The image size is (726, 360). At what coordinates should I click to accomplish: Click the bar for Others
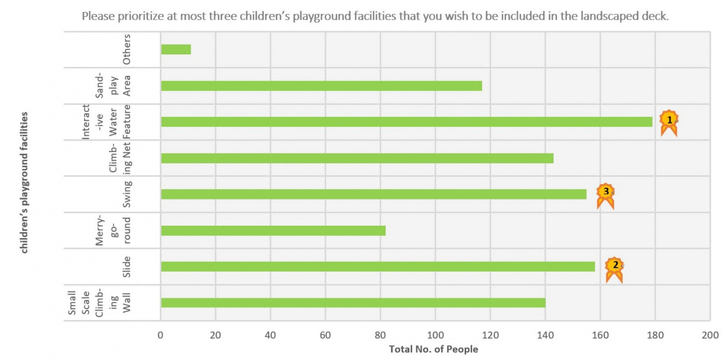[176, 49]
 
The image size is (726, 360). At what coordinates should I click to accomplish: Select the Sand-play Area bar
[321, 86]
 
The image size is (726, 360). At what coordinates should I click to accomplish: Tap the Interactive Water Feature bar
[406, 121]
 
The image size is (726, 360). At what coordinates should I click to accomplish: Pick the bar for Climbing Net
[357, 158]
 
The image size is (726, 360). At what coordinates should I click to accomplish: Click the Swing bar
[373, 194]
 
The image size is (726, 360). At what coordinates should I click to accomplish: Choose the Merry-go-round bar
[273, 230]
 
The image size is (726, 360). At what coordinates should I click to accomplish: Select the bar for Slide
[378, 266]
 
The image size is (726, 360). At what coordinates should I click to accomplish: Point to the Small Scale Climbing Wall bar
[353, 303]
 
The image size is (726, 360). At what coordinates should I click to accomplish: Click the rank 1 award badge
[669, 121]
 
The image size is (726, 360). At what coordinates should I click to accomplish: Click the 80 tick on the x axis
[380, 334]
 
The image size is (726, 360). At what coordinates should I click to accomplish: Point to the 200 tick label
[710, 334]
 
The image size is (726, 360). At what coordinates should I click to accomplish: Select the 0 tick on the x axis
[161, 334]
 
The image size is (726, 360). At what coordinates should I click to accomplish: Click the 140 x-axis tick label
[544, 334]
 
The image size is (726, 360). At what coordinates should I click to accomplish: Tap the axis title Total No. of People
[433, 349]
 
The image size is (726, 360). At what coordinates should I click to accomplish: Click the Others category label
[126, 49]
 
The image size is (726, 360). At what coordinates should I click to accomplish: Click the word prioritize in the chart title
[134, 16]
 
